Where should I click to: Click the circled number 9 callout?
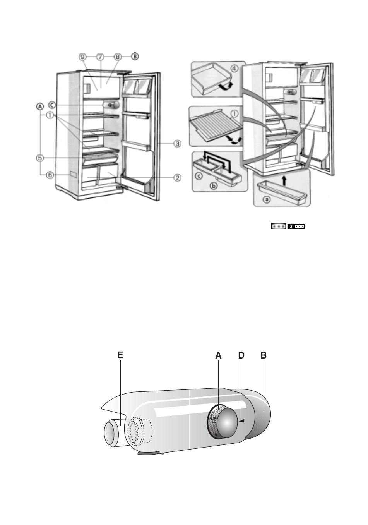[x=82, y=57]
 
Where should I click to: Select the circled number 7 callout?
[x=100, y=57]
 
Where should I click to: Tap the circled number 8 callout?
[x=117, y=57]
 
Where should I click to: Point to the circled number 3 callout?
[x=177, y=144]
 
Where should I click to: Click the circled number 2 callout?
[x=177, y=178]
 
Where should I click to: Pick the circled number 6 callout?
[x=50, y=175]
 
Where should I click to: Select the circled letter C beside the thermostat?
[x=52, y=105]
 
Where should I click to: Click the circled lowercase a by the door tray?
[x=266, y=200]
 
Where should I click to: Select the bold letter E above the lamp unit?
[x=120, y=355]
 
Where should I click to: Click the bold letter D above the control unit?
[x=241, y=355]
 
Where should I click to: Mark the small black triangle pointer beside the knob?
[x=242, y=421]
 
